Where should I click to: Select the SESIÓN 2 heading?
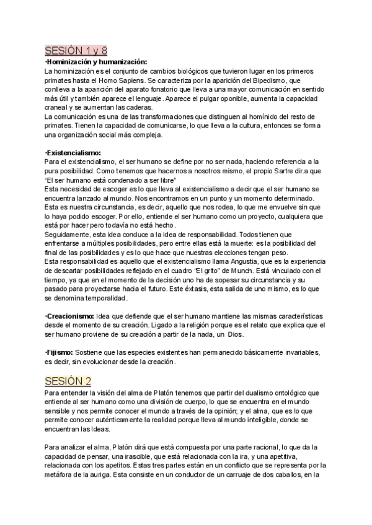68,380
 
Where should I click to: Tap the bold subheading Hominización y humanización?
96,62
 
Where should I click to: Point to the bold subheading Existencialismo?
74,152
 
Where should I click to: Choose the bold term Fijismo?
60,352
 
